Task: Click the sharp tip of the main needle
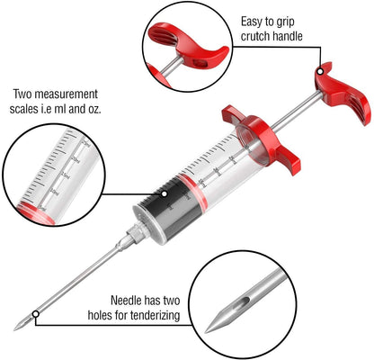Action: pos(18,329)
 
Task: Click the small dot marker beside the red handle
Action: pos(319,69)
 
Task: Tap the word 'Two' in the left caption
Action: pos(22,94)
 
